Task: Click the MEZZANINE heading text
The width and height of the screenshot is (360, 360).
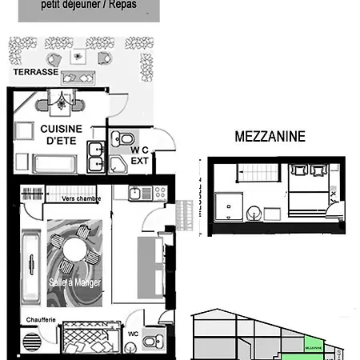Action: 270,137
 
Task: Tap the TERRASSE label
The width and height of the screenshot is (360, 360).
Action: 34,72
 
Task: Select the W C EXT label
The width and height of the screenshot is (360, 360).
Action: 141,154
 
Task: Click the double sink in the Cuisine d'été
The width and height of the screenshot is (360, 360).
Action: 95,156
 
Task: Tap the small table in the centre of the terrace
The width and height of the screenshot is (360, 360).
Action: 78,56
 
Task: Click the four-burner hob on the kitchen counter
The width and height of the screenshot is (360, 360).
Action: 158,193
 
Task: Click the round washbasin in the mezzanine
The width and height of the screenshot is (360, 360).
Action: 253,213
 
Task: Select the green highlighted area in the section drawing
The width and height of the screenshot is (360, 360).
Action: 314,347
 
